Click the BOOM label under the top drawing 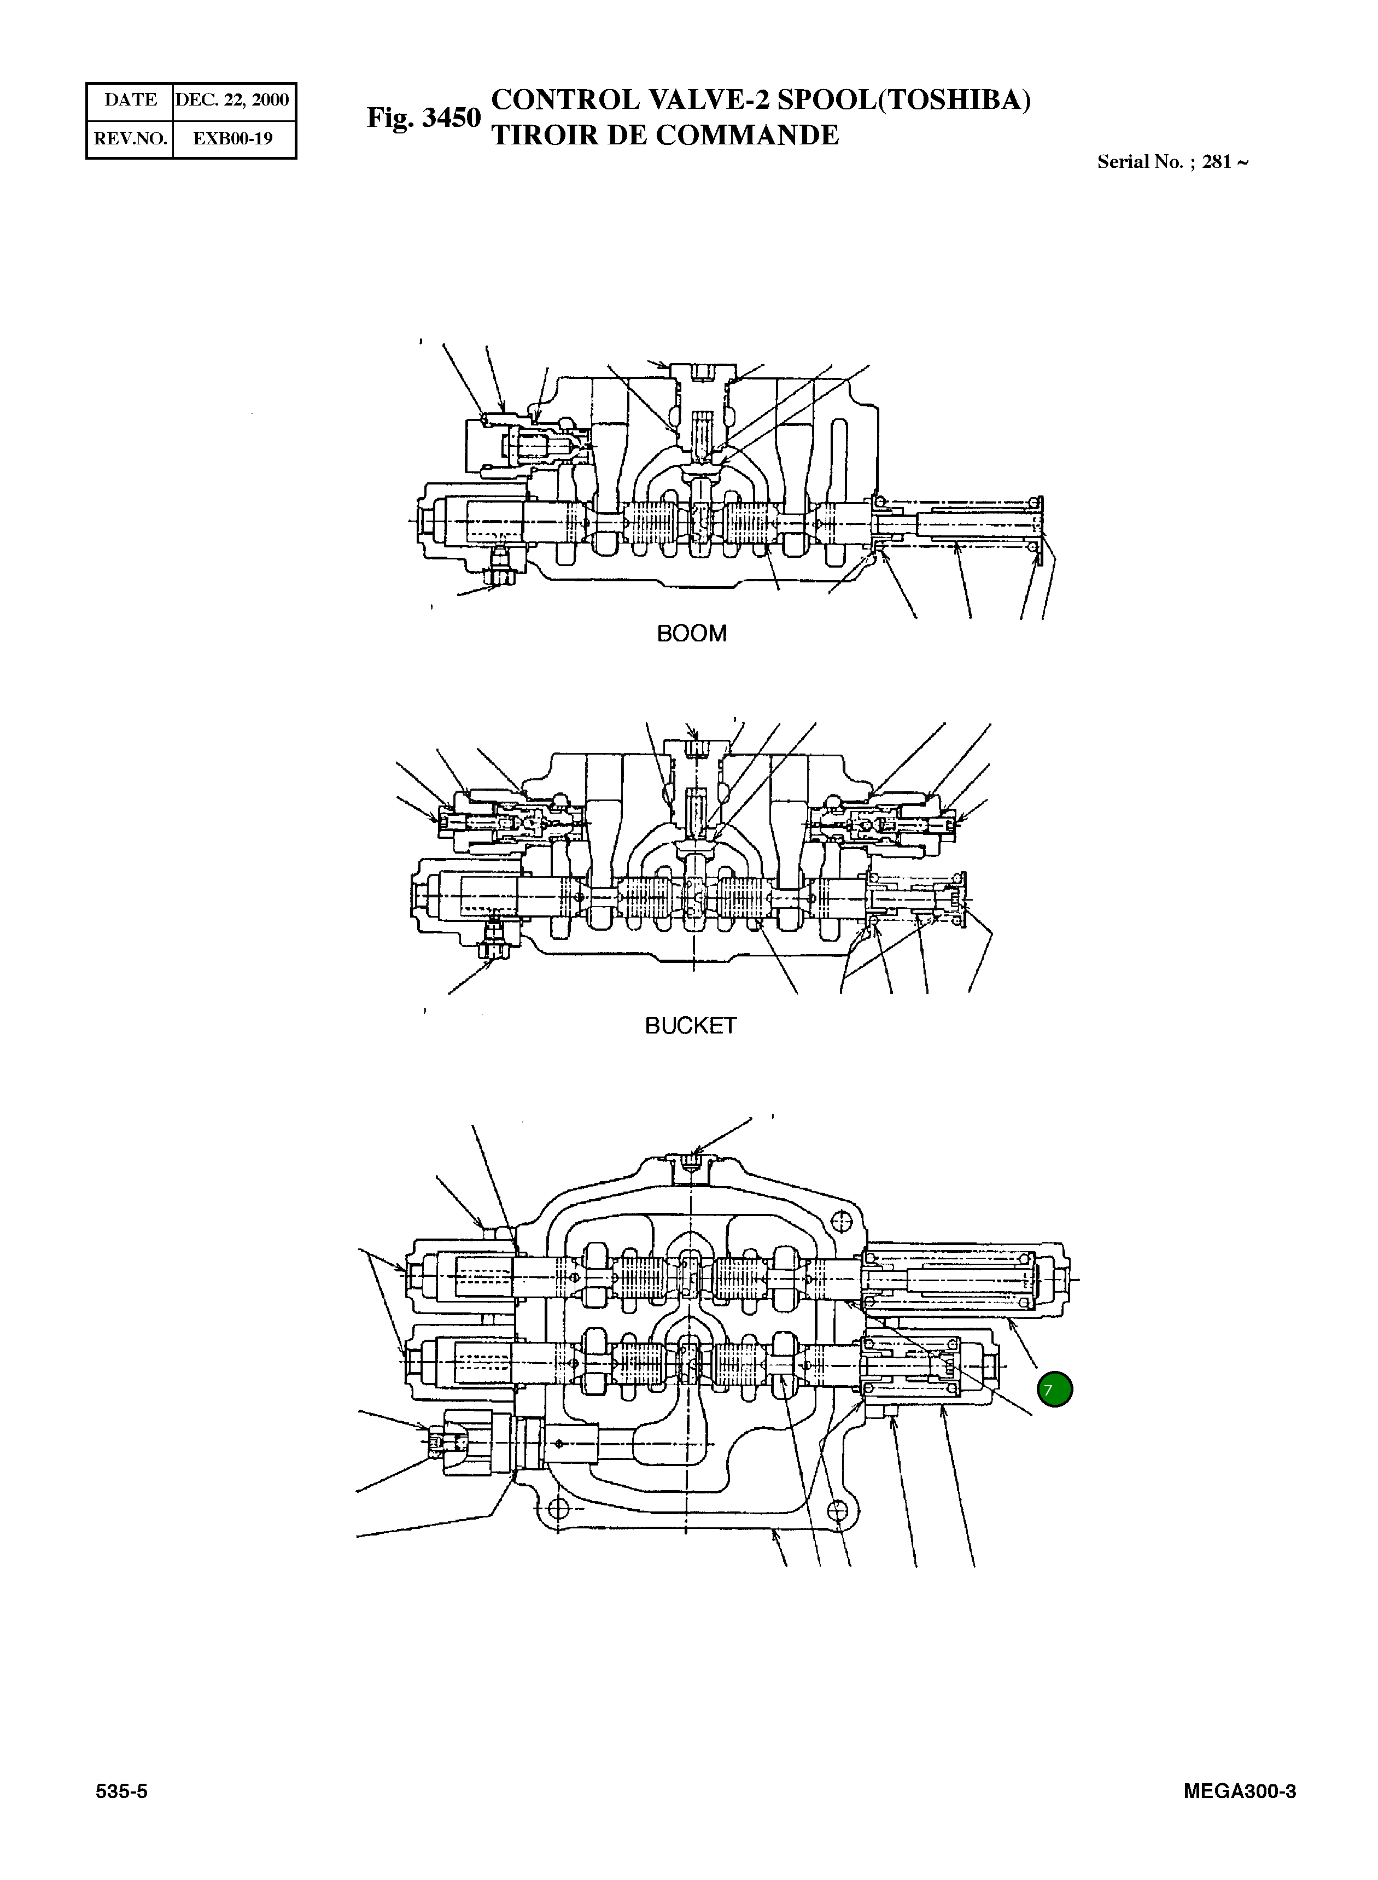click(692, 634)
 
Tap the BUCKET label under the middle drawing click(691, 1026)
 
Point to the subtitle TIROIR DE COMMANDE click(665, 135)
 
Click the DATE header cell click(130, 100)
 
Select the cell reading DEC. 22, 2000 click(233, 100)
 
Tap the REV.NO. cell click(130, 138)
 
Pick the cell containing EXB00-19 click(233, 138)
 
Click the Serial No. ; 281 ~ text click(1172, 162)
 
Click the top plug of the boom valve click(703, 373)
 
